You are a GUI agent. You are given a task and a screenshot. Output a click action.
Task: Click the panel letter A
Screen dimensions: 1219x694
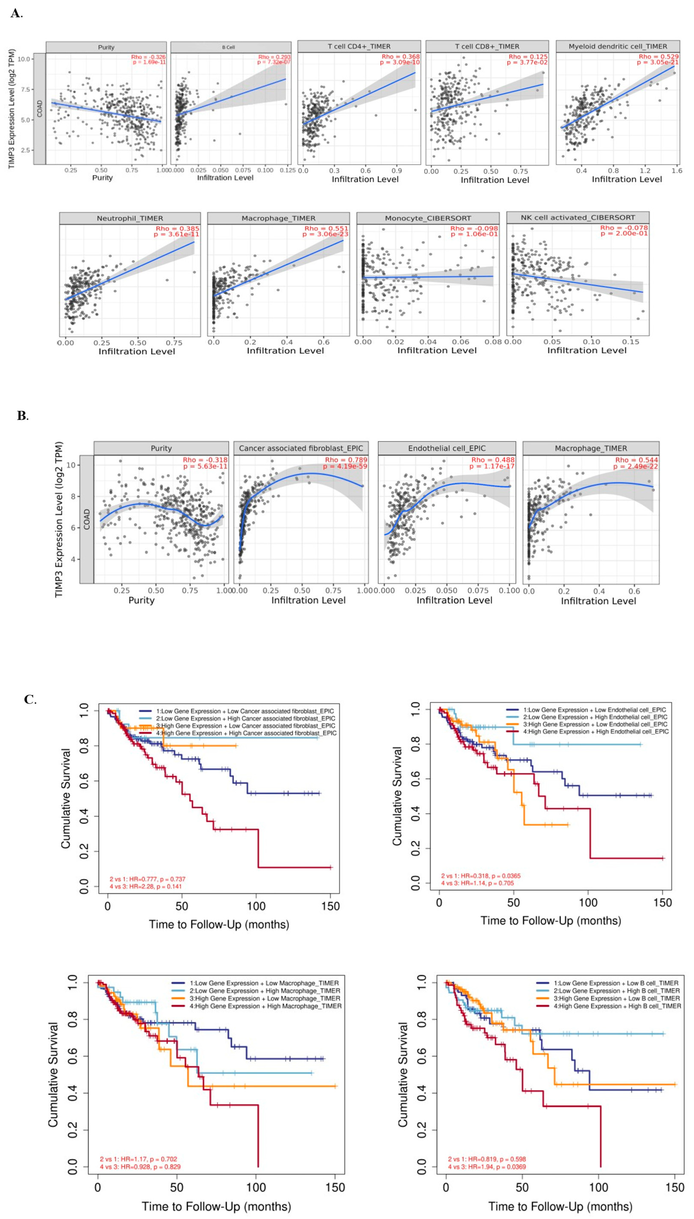coord(15,13)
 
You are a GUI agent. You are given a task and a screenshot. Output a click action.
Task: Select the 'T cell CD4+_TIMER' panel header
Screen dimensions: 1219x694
coord(359,46)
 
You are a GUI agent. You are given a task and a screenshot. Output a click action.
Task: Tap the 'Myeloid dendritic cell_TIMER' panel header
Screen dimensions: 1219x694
coord(618,46)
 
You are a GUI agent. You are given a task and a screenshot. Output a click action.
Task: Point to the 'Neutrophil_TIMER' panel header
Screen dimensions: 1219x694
coord(130,218)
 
